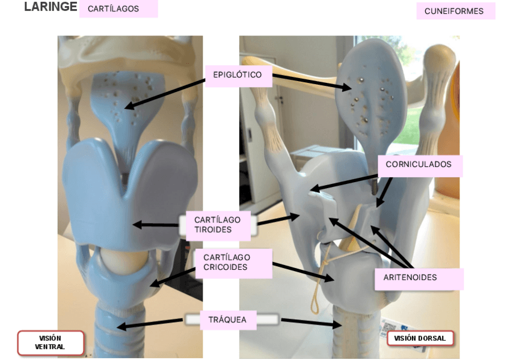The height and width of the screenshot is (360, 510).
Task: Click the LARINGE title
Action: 51,7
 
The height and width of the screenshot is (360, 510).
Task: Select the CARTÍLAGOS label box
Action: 118,9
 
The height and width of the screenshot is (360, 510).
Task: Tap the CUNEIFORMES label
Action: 455,11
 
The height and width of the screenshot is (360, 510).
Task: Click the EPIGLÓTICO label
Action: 238,75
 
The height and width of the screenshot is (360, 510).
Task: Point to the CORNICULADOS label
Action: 419,165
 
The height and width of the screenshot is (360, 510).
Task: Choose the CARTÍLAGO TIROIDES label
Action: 217,225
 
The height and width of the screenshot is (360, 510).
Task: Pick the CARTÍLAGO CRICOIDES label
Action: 232,263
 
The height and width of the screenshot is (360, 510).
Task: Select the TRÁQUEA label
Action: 227,320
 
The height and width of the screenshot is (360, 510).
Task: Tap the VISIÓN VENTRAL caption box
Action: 50,343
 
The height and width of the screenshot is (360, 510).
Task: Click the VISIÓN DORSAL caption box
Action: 420,338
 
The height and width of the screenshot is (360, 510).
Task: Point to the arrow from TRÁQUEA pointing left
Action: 150,324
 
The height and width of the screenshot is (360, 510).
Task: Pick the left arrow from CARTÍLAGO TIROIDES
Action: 155,225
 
